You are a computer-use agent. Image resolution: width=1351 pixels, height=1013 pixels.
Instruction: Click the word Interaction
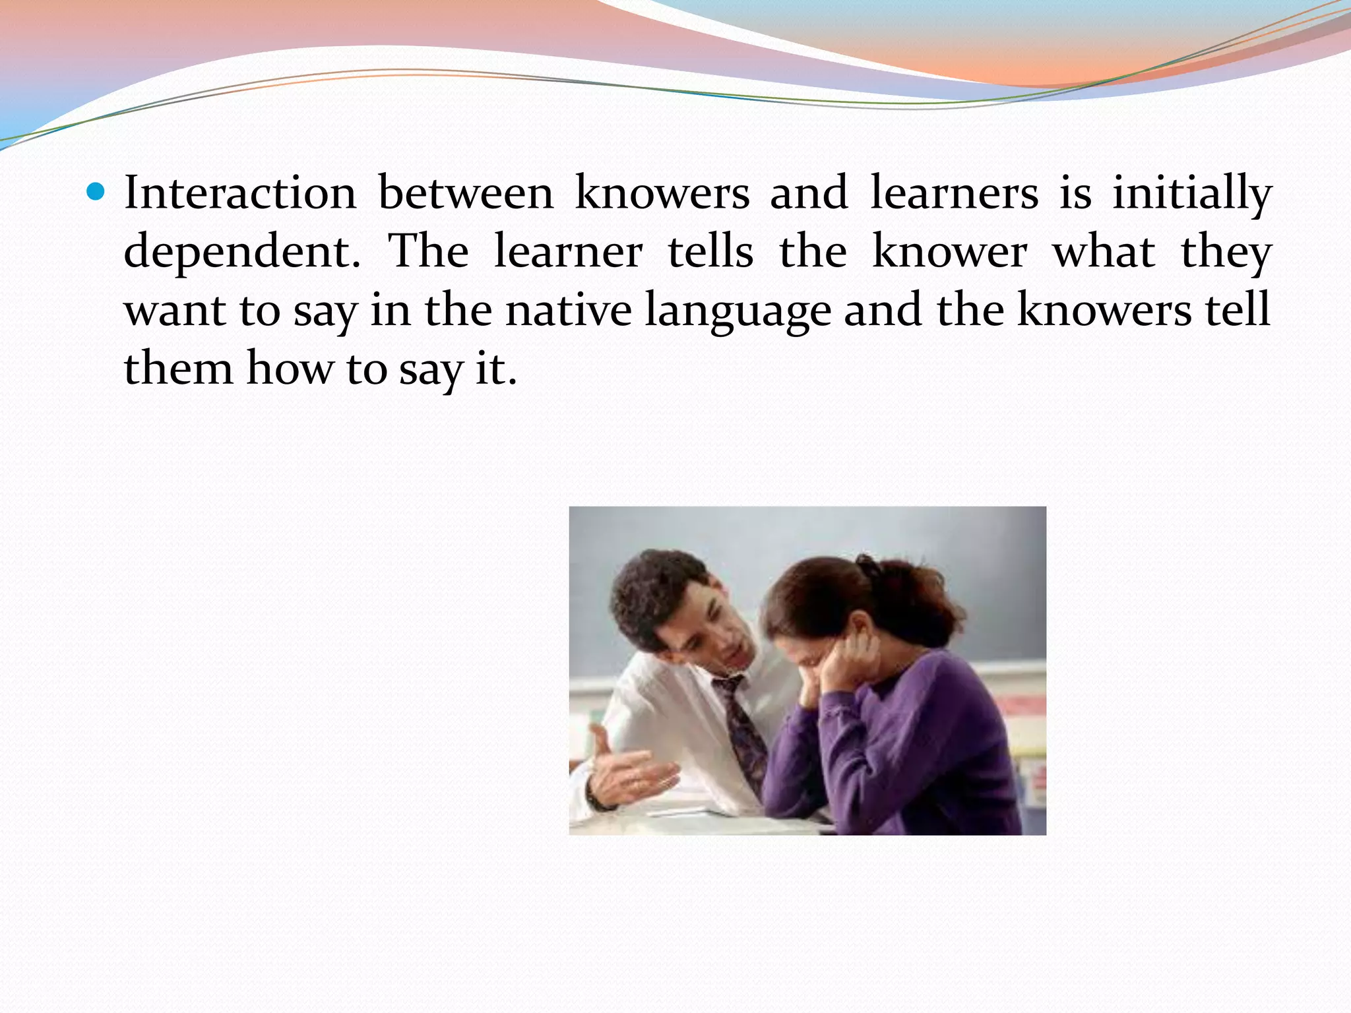[x=240, y=193]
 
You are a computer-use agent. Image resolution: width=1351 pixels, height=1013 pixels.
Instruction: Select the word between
[x=466, y=193]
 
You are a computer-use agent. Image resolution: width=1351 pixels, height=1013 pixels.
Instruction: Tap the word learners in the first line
[x=954, y=193]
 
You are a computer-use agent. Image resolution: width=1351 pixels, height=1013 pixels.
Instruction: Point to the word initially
[x=1191, y=193]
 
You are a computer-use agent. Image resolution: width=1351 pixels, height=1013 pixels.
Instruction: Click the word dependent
[x=241, y=252]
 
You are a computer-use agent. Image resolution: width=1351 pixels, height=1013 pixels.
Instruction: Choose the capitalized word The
[x=428, y=251]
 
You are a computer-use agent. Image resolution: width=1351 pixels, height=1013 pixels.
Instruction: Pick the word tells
[x=710, y=251]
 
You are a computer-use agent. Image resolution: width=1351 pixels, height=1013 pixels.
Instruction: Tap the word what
[x=1104, y=251]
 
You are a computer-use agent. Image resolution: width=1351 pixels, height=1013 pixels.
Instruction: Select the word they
[x=1226, y=252]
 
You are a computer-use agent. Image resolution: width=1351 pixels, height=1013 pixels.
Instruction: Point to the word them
[x=178, y=368]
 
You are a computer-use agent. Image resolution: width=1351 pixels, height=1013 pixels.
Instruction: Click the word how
[x=290, y=368]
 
